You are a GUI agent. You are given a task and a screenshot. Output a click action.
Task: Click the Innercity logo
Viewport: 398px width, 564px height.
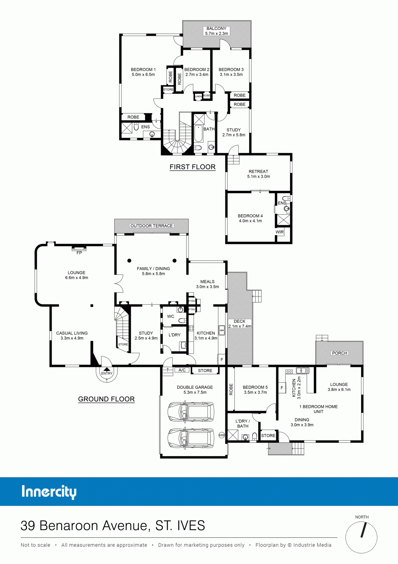pyautogui.click(x=49, y=492)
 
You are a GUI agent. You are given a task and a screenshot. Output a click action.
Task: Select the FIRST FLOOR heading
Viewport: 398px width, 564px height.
pyautogui.click(x=193, y=167)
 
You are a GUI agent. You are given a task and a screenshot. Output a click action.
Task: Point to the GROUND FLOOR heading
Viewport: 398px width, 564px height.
pyautogui.click(x=106, y=399)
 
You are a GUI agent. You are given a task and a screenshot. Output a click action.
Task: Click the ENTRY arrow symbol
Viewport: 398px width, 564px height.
pyautogui.click(x=107, y=369)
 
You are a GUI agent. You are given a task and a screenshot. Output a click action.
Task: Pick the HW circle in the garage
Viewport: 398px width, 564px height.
pyautogui.click(x=222, y=435)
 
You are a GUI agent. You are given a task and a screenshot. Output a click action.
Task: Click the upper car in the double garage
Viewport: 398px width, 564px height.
pyautogui.click(x=191, y=412)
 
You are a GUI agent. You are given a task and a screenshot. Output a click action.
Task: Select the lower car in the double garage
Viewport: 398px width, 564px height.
pyautogui.click(x=191, y=438)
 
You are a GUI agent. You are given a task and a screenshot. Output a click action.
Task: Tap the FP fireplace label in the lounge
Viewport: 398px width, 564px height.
pyautogui.click(x=79, y=253)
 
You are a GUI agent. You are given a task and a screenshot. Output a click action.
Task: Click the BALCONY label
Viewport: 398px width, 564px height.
pyautogui.click(x=217, y=28)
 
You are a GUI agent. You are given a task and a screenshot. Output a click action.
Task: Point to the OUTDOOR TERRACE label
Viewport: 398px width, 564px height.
pyautogui.click(x=152, y=226)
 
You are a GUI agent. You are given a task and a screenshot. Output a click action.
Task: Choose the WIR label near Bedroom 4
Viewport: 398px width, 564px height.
pyautogui.click(x=280, y=232)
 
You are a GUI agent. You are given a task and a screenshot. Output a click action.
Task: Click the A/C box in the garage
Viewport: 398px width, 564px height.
pyautogui.click(x=182, y=370)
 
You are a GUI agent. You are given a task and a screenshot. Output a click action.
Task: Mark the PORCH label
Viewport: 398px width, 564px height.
pyautogui.click(x=340, y=353)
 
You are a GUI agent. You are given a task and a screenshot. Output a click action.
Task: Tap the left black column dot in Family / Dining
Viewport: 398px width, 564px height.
pyautogui.click(x=129, y=260)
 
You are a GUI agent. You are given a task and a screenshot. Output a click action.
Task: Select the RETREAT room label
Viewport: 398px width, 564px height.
pyautogui.click(x=258, y=171)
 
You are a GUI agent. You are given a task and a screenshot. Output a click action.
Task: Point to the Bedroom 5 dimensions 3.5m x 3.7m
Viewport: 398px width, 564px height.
pyautogui.click(x=255, y=392)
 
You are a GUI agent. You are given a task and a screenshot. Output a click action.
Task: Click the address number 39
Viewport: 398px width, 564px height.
pyautogui.click(x=28, y=526)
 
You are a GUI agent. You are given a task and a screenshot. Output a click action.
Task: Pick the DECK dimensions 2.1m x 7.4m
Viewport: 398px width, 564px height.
pyautogui.click(x=240, y=326)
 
